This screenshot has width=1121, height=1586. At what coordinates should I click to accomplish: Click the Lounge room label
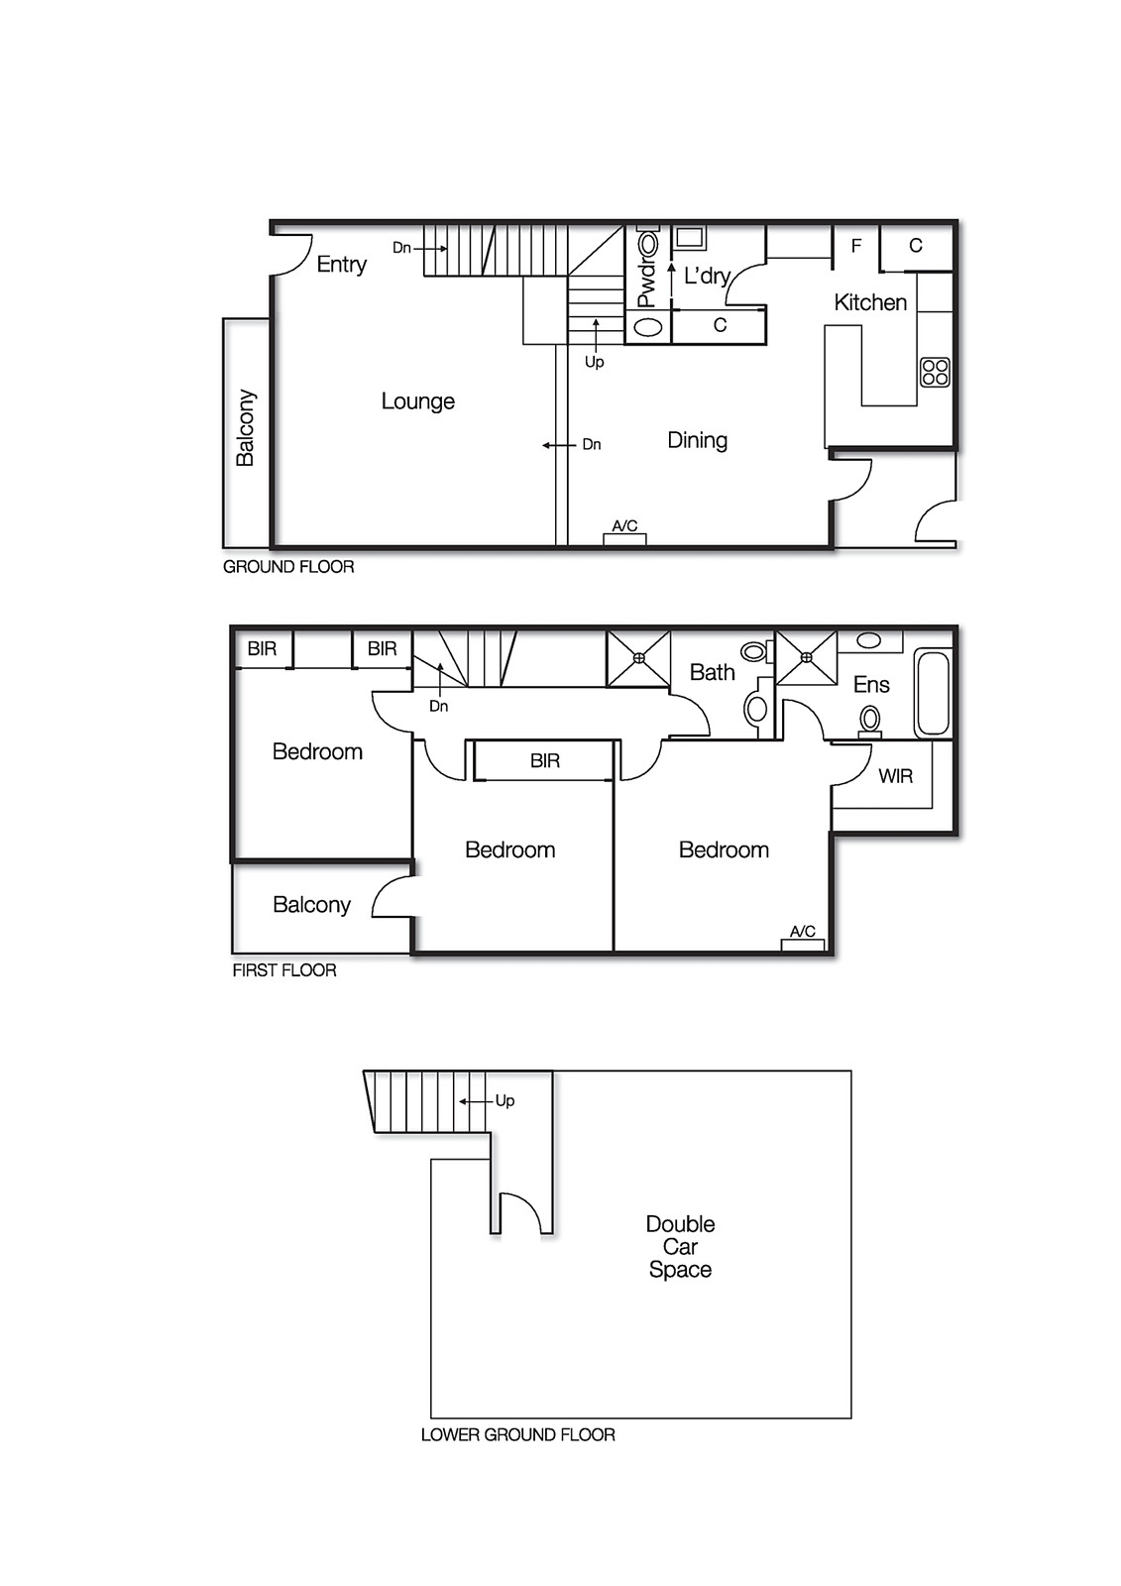(x=417, y=401)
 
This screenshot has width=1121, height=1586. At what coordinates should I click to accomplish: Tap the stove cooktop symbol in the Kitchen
(x=935, y=372)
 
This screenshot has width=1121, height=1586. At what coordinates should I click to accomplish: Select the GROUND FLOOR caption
(x=287, y=567)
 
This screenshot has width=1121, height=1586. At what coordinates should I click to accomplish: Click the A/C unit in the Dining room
(x=624, y=537)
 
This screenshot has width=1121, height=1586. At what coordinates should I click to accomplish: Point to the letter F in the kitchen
(x=856, y=246)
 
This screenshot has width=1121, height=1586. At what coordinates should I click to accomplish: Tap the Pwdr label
(x=646, y=283)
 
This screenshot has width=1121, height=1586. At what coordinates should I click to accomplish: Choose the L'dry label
(x=707, y=276)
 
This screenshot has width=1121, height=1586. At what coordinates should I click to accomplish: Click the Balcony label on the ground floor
(x=245, y=427)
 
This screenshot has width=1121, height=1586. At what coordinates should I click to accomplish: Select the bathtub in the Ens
(x=932, y=692)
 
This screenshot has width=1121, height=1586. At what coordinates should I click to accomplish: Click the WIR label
(x=895, y=776)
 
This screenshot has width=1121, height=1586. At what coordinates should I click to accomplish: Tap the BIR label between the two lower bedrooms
(x=544, y=761)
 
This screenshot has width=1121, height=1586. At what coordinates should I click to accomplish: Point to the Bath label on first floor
(x=712, y=673)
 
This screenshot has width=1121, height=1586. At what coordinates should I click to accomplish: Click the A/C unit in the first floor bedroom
(x=803, y=943)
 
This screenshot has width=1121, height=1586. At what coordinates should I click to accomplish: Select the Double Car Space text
(x=680, y=1247)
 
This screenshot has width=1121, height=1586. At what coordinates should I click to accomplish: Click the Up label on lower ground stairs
(x=504, y=1100)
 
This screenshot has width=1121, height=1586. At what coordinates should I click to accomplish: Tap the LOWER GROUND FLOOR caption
(x=517, y=1434)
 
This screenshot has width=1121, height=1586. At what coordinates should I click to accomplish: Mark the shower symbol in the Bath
(x=638, y=657)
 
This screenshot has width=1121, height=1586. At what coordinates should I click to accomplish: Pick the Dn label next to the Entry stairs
(x=400, y=248)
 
